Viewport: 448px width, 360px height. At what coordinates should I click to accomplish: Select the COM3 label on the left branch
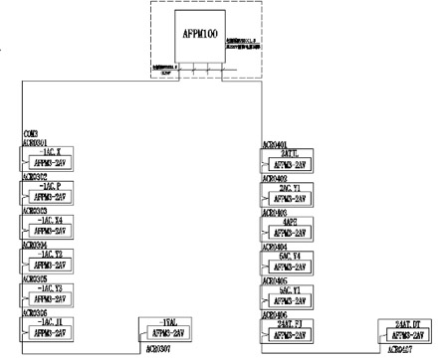tap(31, 133)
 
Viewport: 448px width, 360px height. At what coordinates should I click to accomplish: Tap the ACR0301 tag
tap(36, 142)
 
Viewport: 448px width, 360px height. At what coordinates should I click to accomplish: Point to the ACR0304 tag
tap(36, 244)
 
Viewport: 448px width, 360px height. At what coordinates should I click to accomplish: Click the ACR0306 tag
tap(36, 311)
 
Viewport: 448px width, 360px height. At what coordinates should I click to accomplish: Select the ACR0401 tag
tap(275, 144)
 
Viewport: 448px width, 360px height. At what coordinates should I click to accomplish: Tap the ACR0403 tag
tap(275, 212)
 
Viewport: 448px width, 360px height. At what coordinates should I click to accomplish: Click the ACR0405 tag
tap(275, 280)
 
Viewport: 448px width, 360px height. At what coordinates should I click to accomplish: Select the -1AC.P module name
tap(49, 186)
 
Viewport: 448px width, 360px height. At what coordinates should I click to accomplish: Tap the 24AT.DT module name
tap(410, 325)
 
